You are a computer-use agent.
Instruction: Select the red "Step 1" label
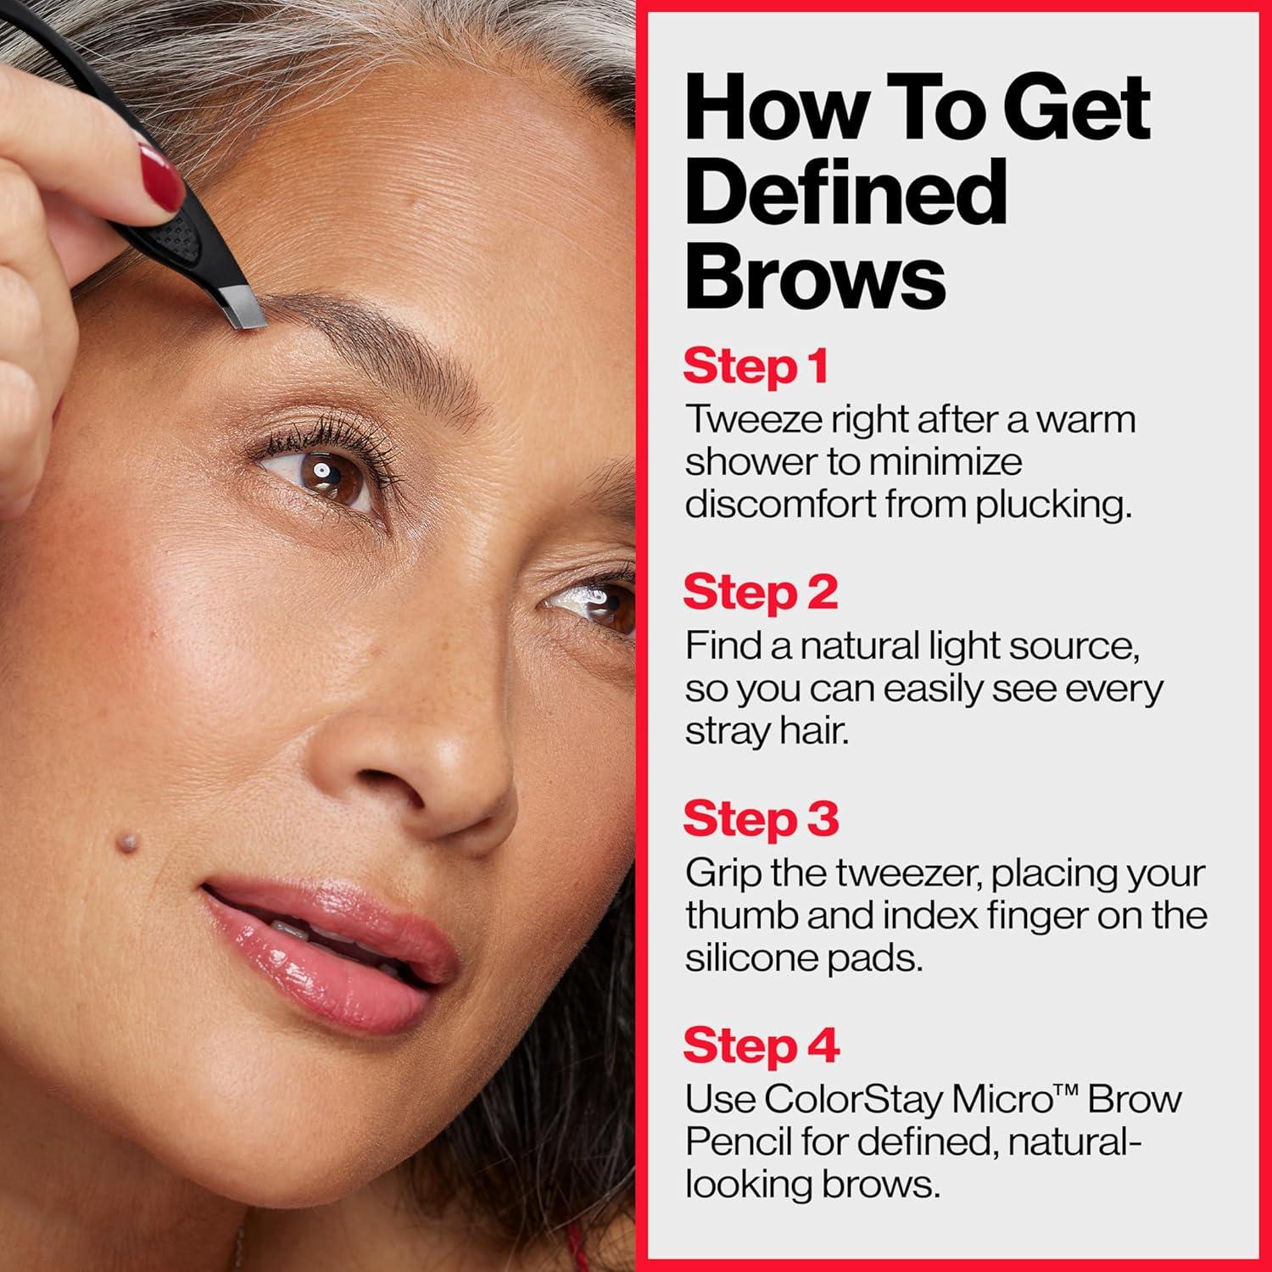755,367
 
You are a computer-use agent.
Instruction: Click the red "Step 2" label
760,593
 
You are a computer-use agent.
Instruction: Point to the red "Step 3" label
760,819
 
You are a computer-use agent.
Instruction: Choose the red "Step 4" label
761,1045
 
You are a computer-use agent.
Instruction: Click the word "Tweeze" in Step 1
745,420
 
